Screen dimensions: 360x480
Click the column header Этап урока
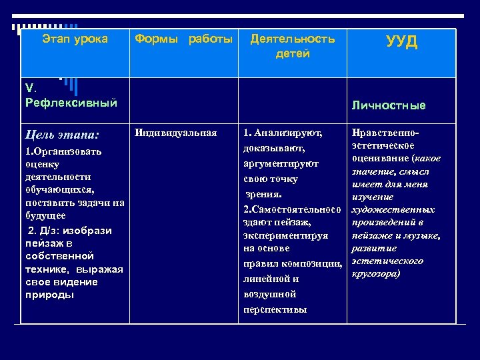click(x=75, y=39)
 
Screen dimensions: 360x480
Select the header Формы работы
click(x=184, y=39)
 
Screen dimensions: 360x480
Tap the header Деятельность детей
click(x=292, y=46)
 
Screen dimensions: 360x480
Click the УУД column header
click(x=401, y=43)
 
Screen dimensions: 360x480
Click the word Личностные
click(x=399, y=105)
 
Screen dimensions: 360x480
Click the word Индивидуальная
click(x=176, y=133)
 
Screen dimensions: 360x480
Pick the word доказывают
click(x=275, y=147)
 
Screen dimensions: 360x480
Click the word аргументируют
click(x=281, y=163)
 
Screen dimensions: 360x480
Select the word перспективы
click(x=275, y=309)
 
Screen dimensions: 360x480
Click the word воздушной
click(x=270, y=294)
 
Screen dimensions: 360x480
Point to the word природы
click(x=50, y=294)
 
